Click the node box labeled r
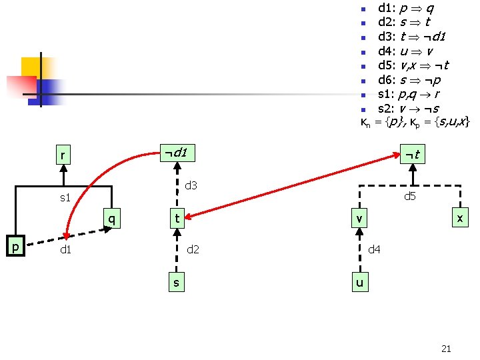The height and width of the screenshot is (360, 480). point(64,156)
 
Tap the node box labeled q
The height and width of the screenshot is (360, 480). point(112,218)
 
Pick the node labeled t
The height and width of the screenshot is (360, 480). point(176,218)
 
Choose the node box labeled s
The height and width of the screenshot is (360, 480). point(176,283)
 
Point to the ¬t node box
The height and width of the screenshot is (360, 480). point(412,155)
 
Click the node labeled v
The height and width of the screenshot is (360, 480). point(359,218)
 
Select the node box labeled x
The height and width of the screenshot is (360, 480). point(459,218)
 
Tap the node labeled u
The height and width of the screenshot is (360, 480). point(359,283)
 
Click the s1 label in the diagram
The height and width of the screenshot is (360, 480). point(65,198)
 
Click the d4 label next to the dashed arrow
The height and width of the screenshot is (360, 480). point(375,250)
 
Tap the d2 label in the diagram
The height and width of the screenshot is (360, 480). point(193,250)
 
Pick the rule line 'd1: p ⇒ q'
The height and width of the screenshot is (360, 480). point(407,8)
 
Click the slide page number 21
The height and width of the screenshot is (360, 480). point(447,348)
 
